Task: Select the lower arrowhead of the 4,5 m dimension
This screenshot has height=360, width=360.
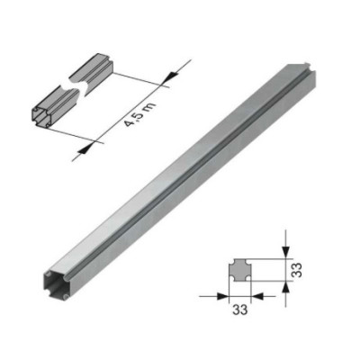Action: (86, 148)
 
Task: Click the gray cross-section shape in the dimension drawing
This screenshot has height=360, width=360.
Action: (239, 270)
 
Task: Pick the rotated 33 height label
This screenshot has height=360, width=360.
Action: (296, 270)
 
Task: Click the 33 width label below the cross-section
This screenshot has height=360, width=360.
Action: (240, 310)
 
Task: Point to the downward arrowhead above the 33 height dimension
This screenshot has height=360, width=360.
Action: (286, 252)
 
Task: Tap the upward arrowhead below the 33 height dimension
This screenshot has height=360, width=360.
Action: (286, 289)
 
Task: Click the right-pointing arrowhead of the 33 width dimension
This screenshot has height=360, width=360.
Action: (222, 296)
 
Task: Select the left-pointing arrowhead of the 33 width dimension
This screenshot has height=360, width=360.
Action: (257, 296)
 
